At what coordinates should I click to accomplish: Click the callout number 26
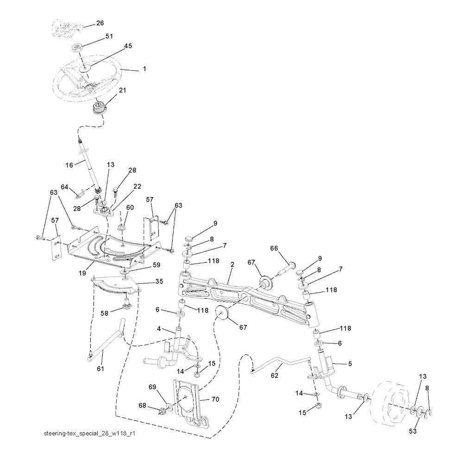(x=100, y=23)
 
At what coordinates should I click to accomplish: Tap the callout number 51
(x=109, y=36)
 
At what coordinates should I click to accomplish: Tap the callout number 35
(x=159, y=281)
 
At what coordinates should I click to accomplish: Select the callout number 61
(x=100, y=368)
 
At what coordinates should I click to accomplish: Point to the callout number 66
(x=274, y=248)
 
